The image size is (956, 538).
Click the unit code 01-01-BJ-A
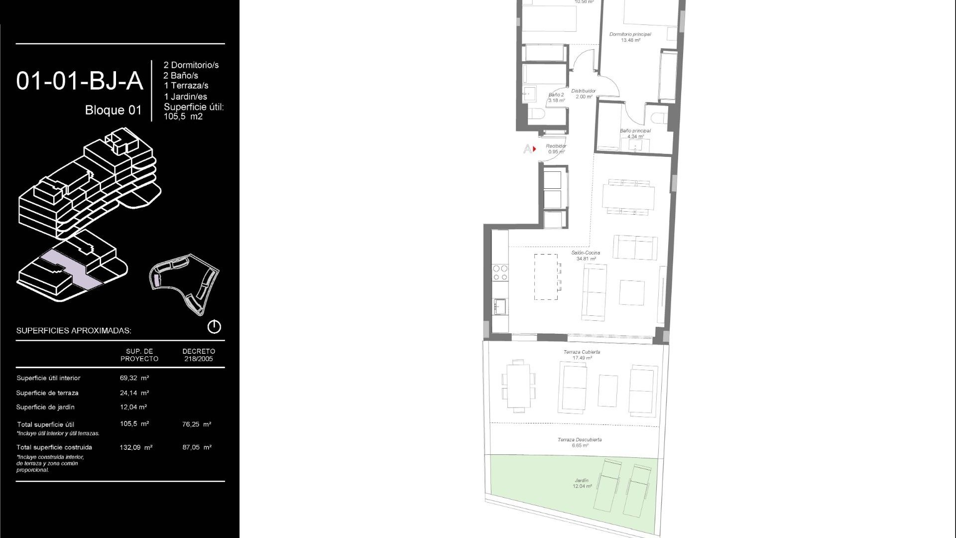coord(80,81)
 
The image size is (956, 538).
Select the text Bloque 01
coord(113,110)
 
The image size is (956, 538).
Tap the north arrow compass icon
coord(214,327)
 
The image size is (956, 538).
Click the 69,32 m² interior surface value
coord(134,378)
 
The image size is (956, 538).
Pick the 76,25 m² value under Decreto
coord(197,424)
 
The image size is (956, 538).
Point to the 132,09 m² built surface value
coord(136,447)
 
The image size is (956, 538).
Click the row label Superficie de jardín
coord(45,407)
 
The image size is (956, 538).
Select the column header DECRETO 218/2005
coord(198,355)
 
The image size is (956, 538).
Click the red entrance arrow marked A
coord(534,149)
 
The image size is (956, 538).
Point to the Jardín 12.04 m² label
coord(582,483)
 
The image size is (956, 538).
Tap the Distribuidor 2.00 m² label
coord(584,94)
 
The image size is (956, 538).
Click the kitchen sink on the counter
coord(499,305)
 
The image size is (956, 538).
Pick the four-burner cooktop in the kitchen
coord(500,272)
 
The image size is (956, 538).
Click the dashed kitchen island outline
coord(546,277)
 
